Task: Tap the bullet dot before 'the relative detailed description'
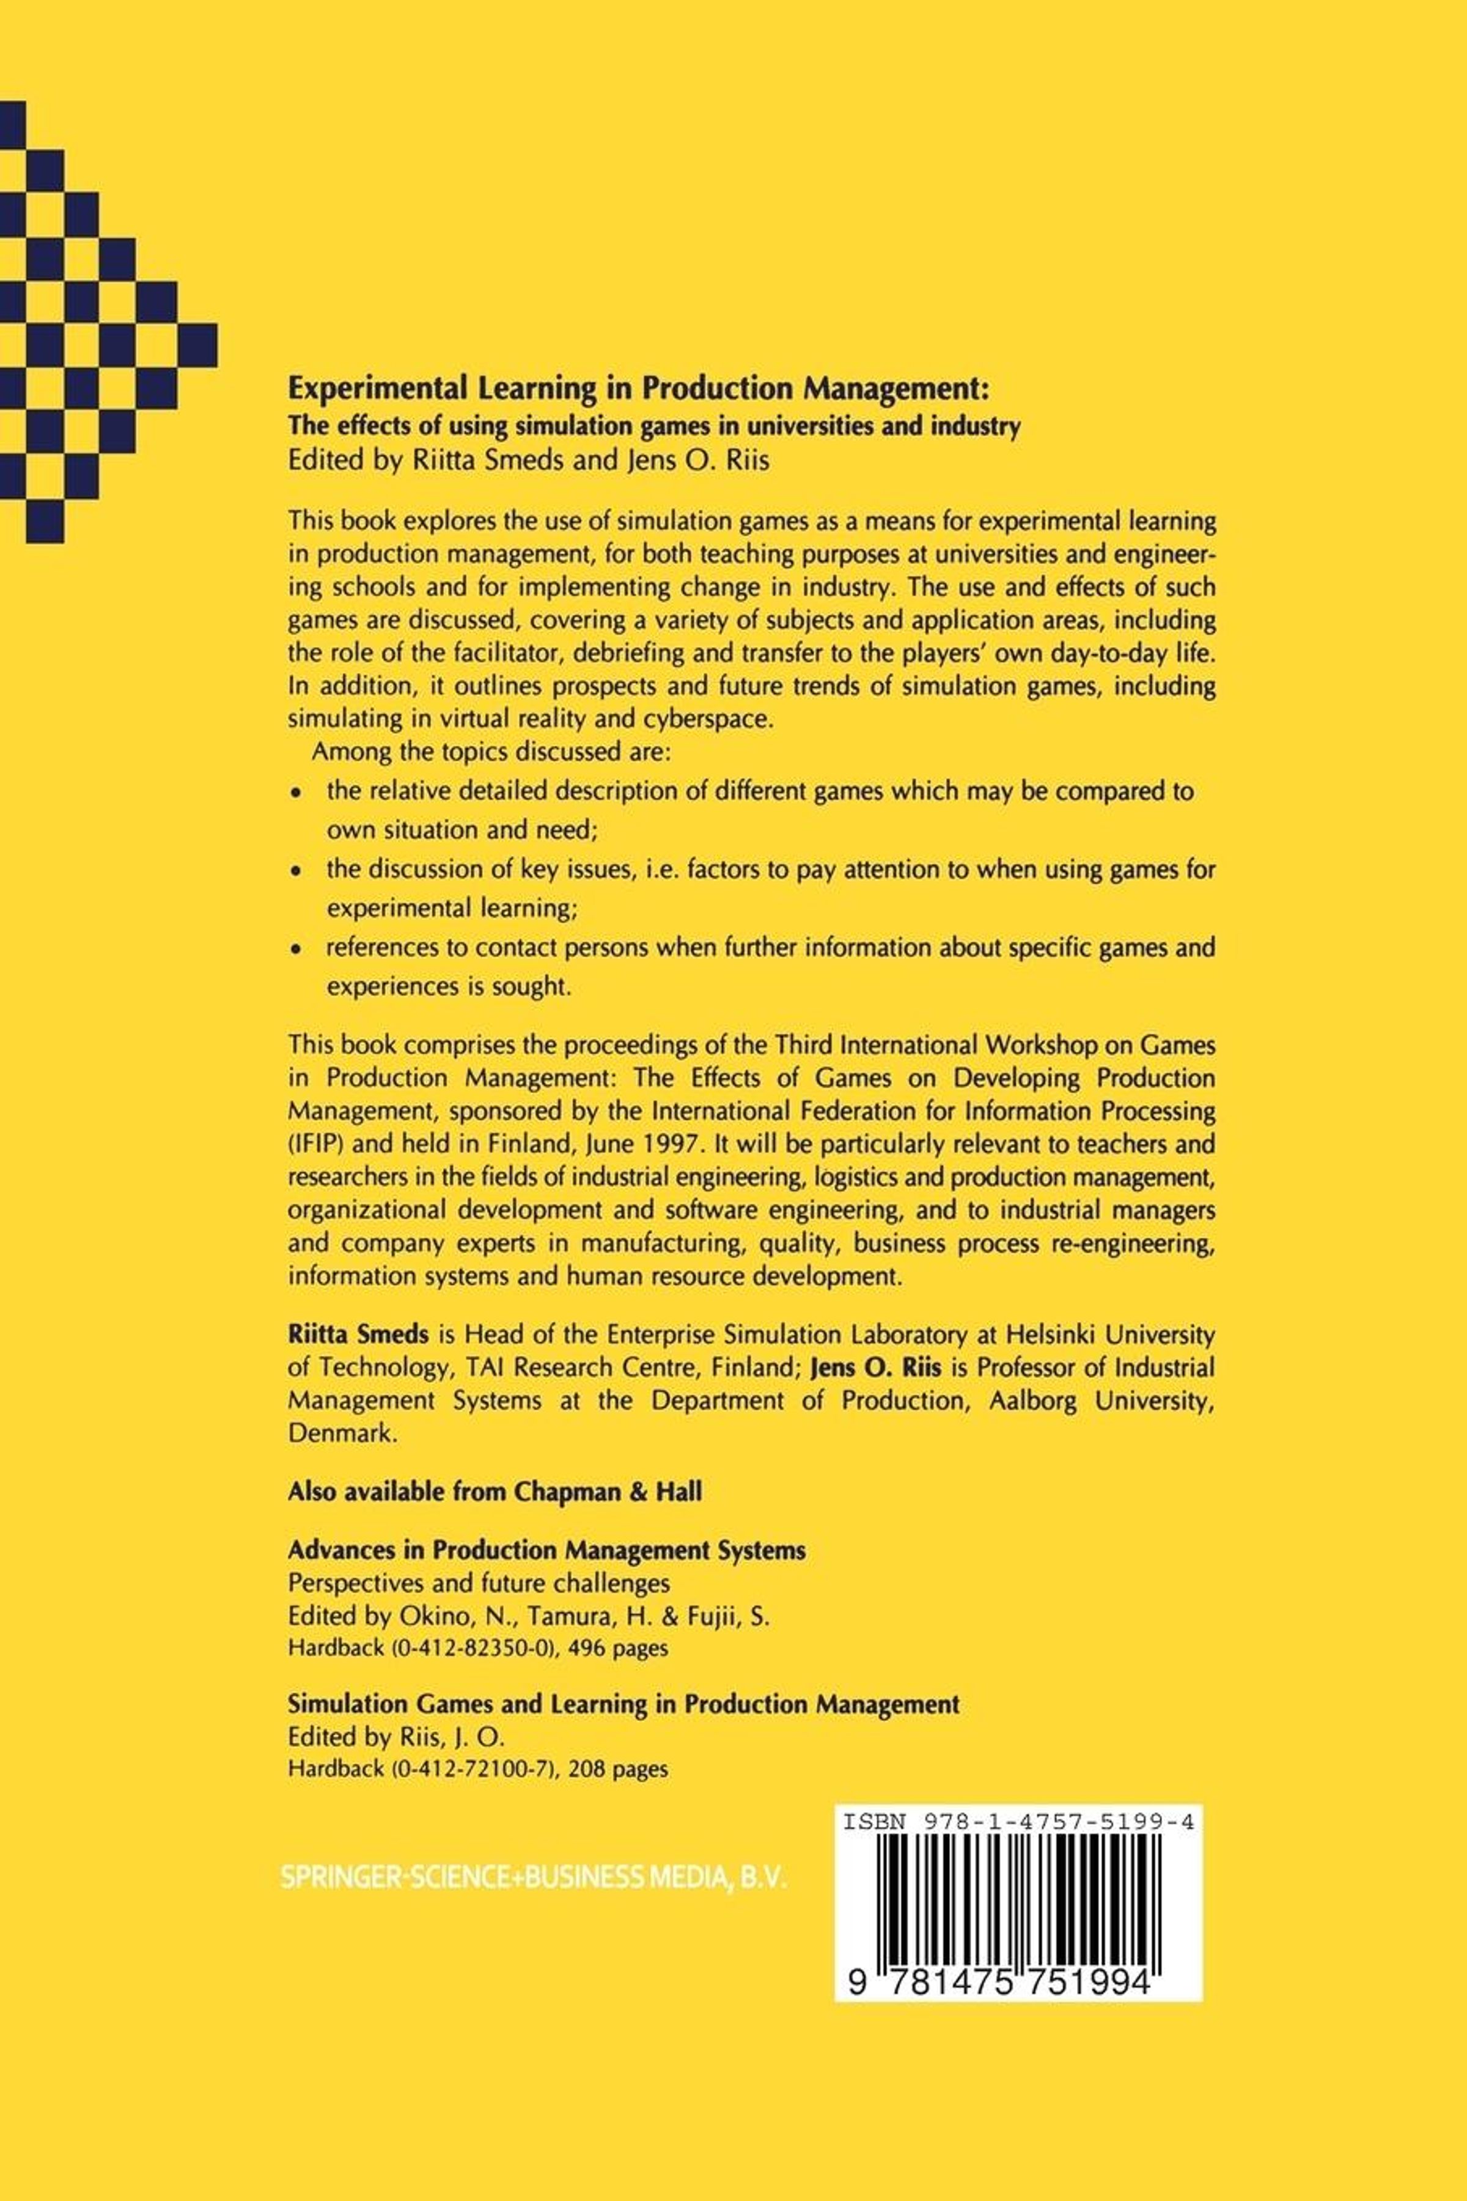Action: tap(296, 793)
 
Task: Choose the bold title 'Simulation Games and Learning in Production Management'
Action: tap(623, 1704)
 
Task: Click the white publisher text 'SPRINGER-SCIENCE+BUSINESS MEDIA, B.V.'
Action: tap(533, 1877)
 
